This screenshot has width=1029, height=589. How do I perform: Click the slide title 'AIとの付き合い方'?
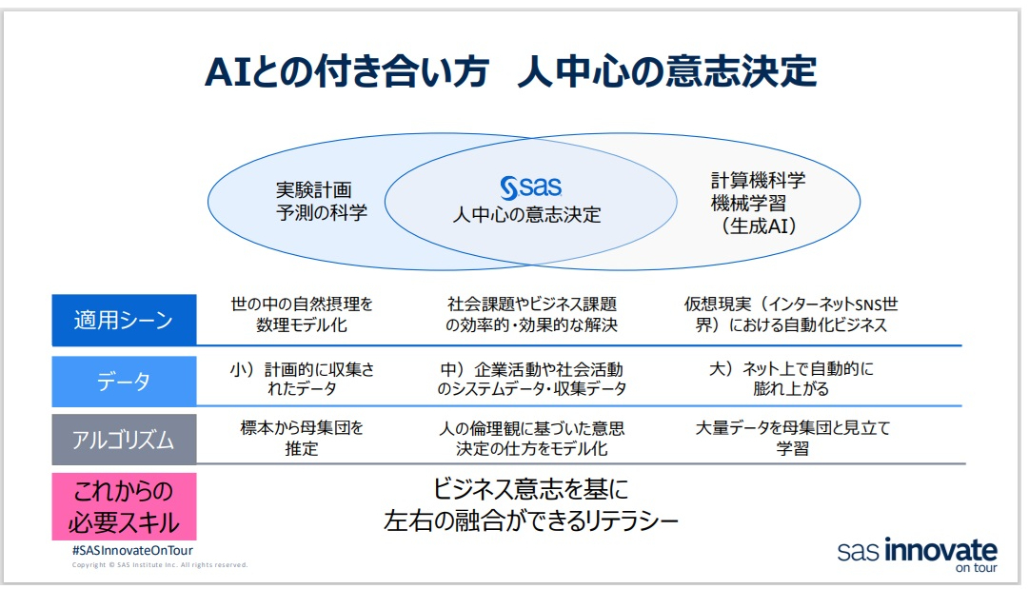(346, 72)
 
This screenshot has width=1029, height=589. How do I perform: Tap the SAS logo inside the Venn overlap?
(531, 186)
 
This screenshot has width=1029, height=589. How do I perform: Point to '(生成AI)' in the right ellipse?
(758, 226)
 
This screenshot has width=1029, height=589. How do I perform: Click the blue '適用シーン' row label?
(124, 320)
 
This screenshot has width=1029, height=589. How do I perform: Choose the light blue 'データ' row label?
(124, 382)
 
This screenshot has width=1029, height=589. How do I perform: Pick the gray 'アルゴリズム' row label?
(124, 440)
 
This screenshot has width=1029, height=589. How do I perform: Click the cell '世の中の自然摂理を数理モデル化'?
(302, 315)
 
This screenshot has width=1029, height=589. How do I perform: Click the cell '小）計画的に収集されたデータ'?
(302, 379)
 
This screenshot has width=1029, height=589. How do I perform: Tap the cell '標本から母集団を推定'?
(302, 438)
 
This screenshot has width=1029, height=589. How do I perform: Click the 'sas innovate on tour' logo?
(917, 555)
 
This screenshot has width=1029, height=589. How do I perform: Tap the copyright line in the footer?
(160, 565)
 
